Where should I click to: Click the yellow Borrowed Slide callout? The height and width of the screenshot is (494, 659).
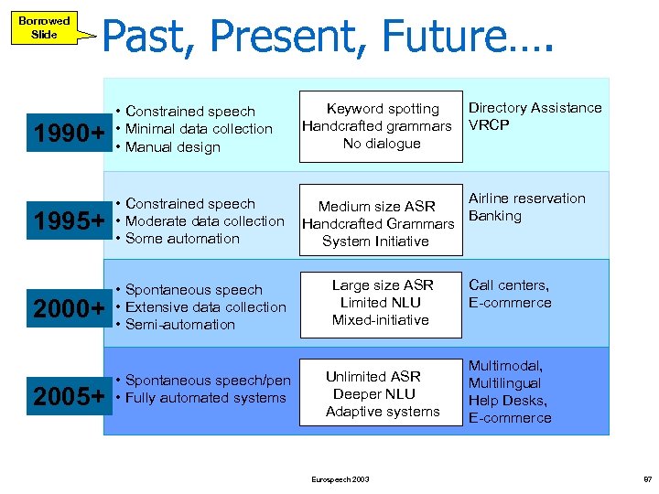click(44, 27)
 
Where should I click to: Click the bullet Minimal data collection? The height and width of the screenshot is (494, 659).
click(199, 129)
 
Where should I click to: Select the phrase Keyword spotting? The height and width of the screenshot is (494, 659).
click(383, 109)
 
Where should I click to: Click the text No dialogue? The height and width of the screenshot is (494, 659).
click(382, 144)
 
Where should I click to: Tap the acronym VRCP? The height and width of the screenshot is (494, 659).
click(489, 125)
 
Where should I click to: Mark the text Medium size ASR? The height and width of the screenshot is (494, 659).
click(376, 207)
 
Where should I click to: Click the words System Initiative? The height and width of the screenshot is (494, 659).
click(375, 242)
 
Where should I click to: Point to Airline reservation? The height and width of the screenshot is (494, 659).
click(526, 199)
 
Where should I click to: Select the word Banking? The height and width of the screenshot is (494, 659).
click(494, 216)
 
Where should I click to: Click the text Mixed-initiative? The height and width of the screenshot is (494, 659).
click(380, 320)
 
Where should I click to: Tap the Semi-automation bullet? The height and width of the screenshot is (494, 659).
click(179, 325)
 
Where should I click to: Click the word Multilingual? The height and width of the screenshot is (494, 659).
click(504, 383)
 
